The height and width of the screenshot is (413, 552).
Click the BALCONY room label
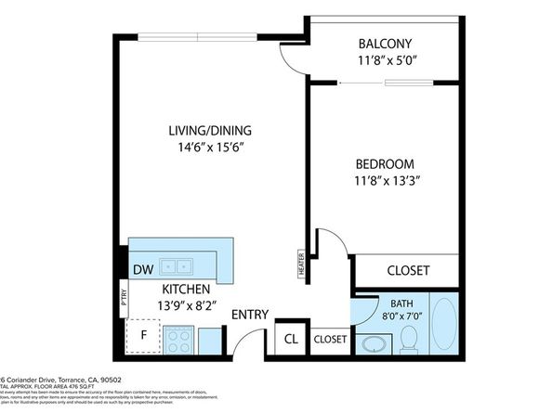coord(385,44)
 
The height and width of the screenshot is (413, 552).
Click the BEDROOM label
coord(383,163)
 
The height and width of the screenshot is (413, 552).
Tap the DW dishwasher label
coord(144,270)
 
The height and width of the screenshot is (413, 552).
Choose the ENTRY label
coord(250,315)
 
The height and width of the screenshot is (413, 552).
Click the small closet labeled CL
coord(290,340)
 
